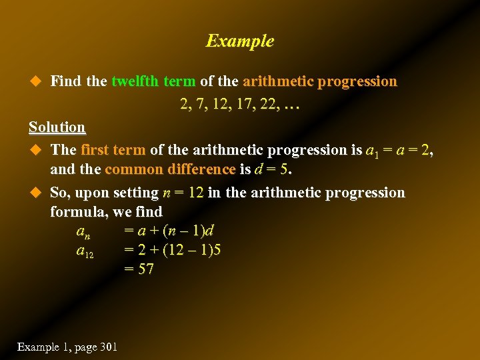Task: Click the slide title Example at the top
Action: click(239, 41)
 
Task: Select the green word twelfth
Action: click(135, 81)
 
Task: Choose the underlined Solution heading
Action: click(57, 127)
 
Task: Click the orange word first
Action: click(95, 149)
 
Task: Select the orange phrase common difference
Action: click(170, 169)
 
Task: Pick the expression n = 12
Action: click(183, 193)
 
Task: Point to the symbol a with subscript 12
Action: click(85, 251)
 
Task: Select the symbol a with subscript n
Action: click(83, 232)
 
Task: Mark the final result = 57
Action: click(139, 269)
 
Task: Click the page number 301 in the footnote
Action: click(107, 347)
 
